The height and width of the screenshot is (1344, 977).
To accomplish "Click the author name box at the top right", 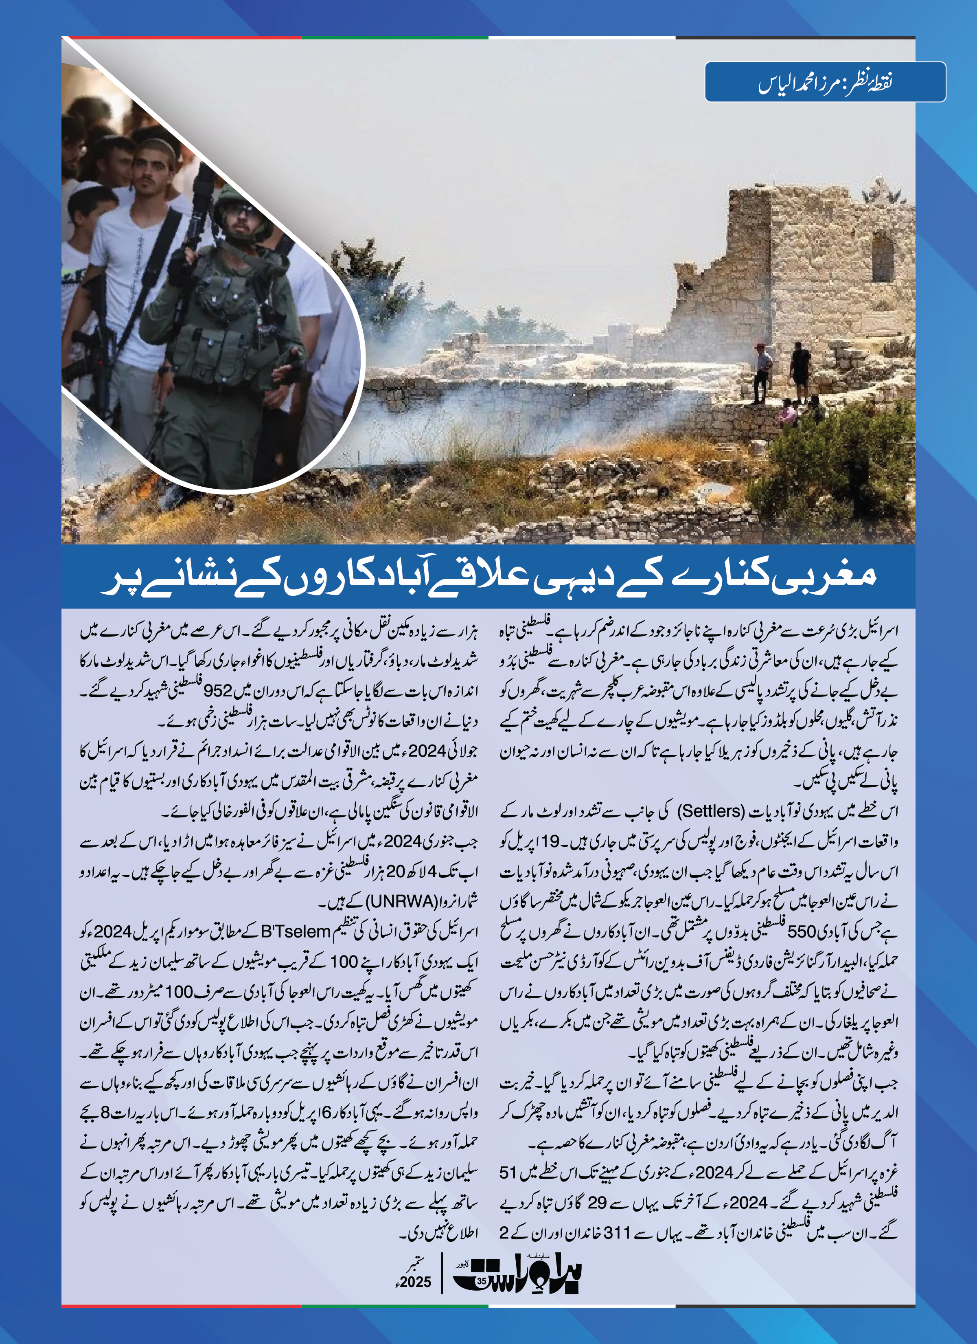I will click(x=825, y=82).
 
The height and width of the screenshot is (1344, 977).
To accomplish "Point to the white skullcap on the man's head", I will click(x=157, y=145).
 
